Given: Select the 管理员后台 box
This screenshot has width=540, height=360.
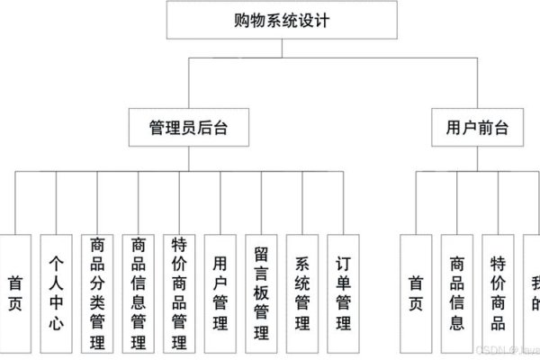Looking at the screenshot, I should (188, 127).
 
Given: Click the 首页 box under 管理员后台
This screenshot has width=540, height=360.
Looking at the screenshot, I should (14, 292).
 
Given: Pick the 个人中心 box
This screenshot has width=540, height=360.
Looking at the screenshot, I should (56, 292).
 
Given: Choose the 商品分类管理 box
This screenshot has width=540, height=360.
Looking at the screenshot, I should (97, 292).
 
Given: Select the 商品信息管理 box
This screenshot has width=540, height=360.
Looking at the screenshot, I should (139, 292).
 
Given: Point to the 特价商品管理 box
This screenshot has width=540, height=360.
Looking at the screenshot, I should (179, 292).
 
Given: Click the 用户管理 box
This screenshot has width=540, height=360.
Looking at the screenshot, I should (220, 292).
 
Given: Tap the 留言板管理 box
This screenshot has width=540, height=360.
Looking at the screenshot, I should (262, 292).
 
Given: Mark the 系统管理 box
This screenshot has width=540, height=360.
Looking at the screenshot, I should (303, 292).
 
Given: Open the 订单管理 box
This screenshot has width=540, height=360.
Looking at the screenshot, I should (344, 292).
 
